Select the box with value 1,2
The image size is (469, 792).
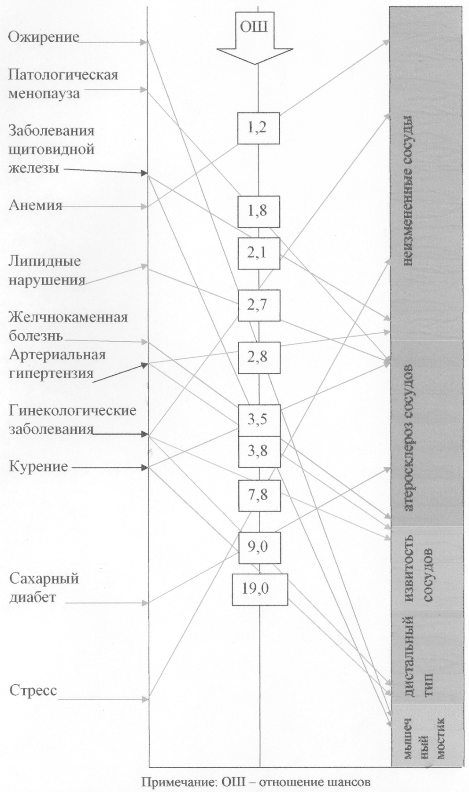coord(259,128)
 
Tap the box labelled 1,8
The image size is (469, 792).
coord(259,212)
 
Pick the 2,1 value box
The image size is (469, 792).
coord(259,253)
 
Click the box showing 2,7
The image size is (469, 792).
coord(259,305)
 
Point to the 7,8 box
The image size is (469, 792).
coord(259,495)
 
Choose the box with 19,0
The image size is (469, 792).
coord(260,589)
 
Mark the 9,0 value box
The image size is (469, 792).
coord(259,547)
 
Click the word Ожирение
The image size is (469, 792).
coord(43,37)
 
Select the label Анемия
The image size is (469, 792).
coord(35,205)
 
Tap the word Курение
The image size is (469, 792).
coord(39,466)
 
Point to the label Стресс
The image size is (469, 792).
coord(33,690)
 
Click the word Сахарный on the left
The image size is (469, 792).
coord(44,578)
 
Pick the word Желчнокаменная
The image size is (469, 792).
coord(68,317)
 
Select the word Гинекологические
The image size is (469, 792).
coord(73,411)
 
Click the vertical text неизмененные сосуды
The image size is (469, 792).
coord(407,191)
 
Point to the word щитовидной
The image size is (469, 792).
coord(52,150)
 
